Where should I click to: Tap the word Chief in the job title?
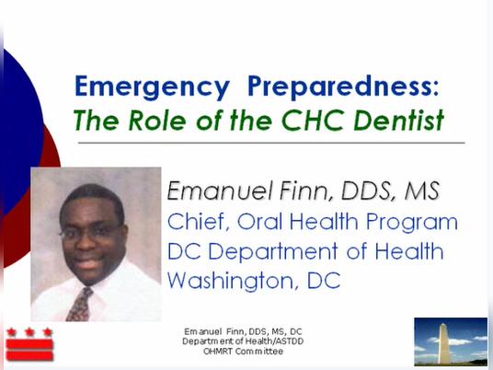196,222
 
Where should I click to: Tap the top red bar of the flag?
29,345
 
